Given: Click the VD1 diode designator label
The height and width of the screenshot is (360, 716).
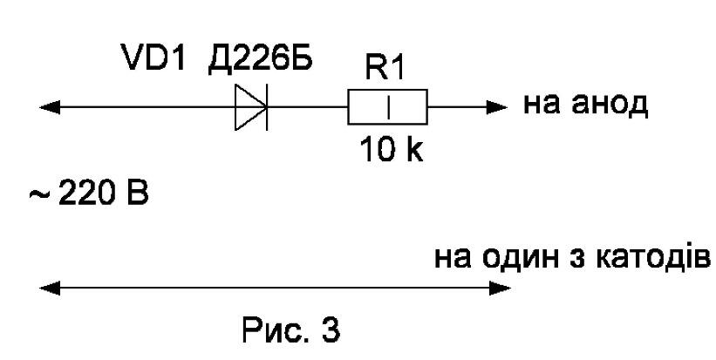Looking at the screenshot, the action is pos(154,57).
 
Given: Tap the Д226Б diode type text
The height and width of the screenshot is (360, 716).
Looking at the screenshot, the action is pos(260,58).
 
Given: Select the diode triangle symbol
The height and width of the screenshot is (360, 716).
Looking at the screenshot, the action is pos(250,108).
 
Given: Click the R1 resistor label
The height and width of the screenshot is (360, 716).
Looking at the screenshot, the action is pos(385,69).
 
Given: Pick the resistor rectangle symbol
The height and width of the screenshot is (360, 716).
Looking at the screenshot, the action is pos(388,107).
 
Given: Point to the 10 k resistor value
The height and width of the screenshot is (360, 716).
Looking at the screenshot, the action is pos(392,149).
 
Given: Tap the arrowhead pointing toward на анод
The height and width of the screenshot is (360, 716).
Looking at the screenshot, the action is pos(497,108).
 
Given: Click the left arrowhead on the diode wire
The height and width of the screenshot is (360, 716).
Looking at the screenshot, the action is pos(50,108).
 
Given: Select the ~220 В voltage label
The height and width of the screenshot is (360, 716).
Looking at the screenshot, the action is pos(90,194).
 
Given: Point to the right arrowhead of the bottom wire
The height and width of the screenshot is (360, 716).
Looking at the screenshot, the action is pos(500,288).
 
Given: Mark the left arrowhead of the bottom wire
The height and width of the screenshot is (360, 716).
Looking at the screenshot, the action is pos(50,288).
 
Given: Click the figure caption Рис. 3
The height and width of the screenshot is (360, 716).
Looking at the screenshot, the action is pos(291,329).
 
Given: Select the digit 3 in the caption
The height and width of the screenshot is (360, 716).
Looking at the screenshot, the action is pos(331,329).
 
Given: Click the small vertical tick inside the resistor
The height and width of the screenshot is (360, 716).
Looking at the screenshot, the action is pos(389,108).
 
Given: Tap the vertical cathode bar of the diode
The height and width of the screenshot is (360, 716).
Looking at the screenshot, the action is pos(267,107).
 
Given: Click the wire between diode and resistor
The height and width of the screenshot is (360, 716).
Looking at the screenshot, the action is pos(308,108).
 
